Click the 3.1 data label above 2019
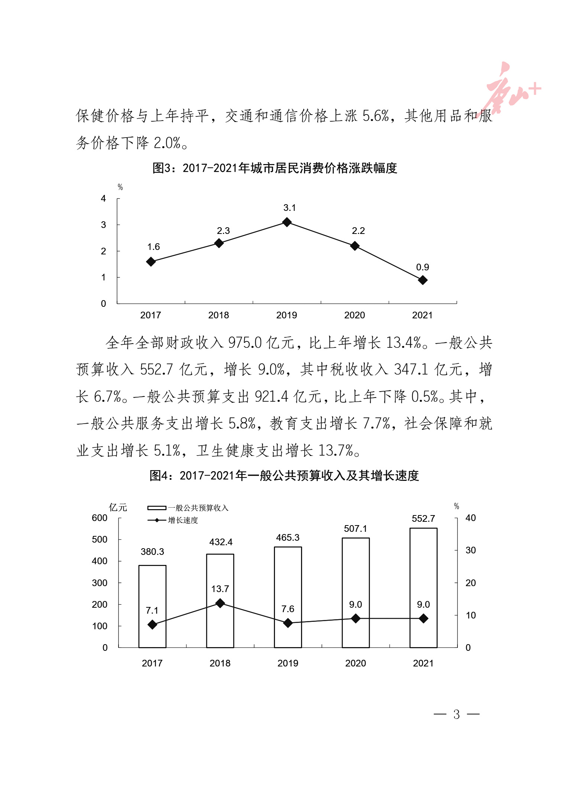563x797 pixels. [289, 208]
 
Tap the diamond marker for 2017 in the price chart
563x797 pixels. [151, 262]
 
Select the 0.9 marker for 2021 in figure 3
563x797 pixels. [423, 280]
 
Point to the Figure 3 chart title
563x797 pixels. [275, 168]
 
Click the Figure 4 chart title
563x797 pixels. [284, 475]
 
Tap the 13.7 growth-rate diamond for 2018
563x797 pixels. [220, 603]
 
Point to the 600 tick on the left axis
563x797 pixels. [100, 518]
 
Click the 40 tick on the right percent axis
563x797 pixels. [470, 518]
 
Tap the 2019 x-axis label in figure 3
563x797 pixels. [287, 315]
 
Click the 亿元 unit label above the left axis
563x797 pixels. [118, 507]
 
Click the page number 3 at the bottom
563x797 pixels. [456, 714]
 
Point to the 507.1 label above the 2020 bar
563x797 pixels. [355, 528]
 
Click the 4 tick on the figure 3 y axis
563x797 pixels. [103, 199]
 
